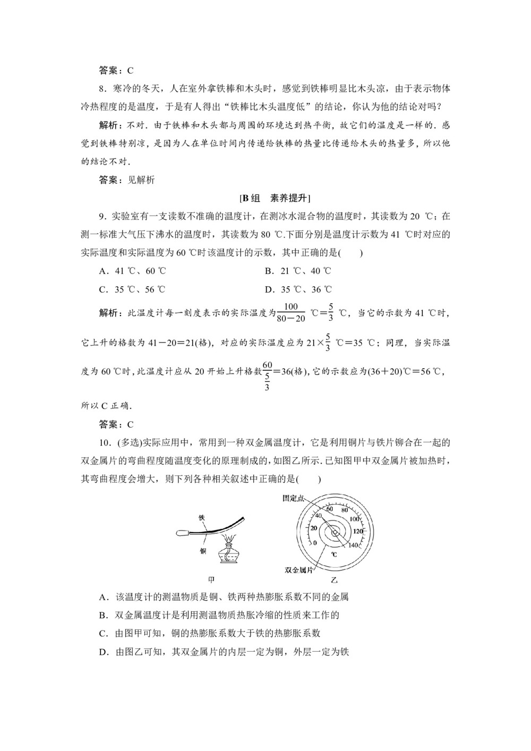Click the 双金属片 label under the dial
coord(297,569)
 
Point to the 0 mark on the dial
coord(315,543)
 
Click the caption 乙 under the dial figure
coord(334,581)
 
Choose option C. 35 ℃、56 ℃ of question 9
coord(132,289)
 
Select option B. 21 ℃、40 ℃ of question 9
coord(298,271)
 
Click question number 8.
coord(102,88)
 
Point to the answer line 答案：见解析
coord(127,180)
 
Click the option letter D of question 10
coord(104,652)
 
